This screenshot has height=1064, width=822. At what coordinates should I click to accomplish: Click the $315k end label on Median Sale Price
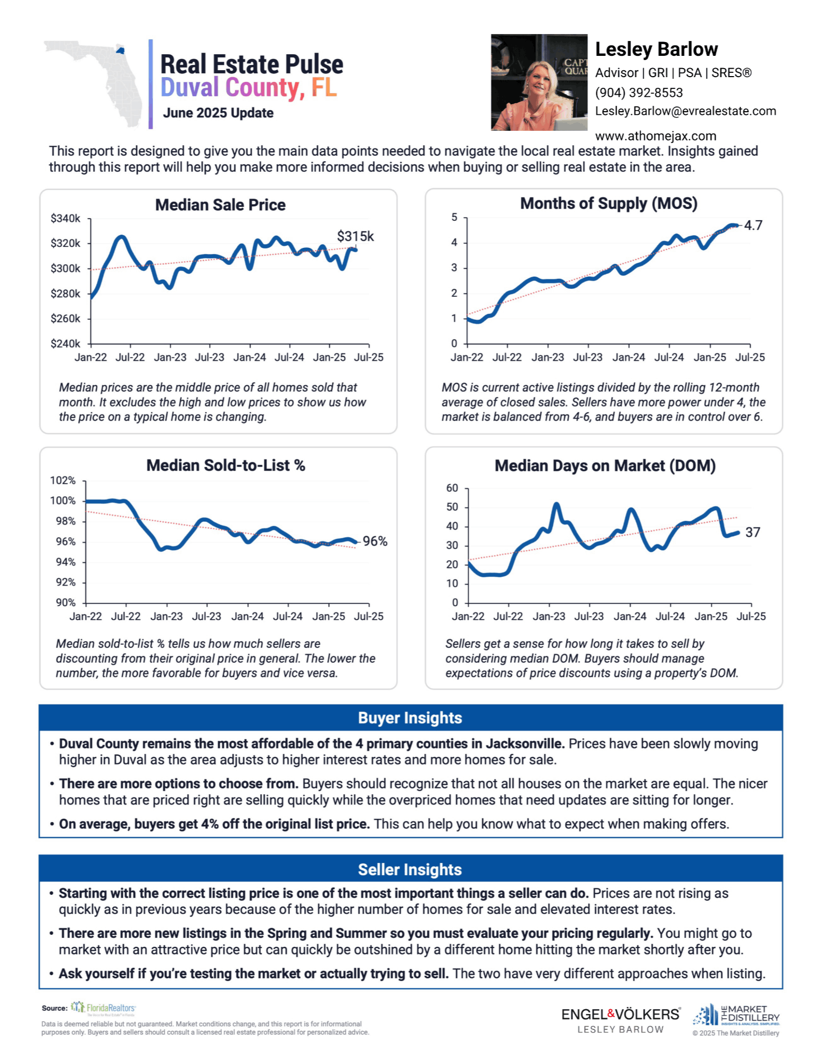(x=355, y=236)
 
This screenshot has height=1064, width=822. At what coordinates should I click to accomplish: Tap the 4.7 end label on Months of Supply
(x=753, y=225)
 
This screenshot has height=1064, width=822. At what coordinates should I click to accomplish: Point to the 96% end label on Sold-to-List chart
(x=375, y=541)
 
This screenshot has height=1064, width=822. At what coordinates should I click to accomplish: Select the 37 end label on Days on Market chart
(x=753, y=532)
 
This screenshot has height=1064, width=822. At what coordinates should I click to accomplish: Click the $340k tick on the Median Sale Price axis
(x=65, y=218)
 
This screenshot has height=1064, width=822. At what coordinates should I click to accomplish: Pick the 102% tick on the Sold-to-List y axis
(x=63, y=480)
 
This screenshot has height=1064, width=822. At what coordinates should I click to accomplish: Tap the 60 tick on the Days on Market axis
(x=452, y=488)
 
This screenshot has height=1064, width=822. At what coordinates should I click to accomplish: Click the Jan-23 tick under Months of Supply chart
(x=547, y=357)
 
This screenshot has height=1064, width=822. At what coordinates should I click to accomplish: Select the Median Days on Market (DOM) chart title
(x=605, y=465)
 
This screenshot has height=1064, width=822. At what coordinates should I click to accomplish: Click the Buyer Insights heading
(x=410, y=718)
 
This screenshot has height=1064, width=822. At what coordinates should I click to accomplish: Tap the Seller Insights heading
(x=410, y=869)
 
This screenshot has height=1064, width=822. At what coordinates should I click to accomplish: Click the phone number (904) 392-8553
(x=639, y=93)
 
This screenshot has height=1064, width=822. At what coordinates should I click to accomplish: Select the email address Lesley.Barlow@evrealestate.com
(x=686, y=111)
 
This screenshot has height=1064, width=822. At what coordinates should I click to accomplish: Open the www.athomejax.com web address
(x=656, y=136)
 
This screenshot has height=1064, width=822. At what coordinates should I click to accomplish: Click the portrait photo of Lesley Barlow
(x=539, y=82)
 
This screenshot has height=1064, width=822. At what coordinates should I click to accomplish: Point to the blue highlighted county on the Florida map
(x=121, y=51)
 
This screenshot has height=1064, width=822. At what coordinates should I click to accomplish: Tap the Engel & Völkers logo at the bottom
(x=621, y=1020)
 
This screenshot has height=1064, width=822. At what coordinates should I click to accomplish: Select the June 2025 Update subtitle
(x=218, y=113)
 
